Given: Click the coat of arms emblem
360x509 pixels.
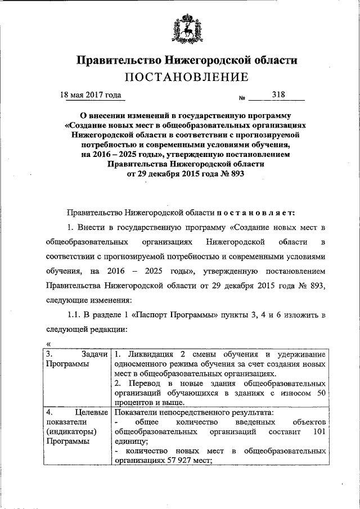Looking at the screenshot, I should (x=186, y=31).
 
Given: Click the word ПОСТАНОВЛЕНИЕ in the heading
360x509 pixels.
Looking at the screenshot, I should (x=186, y=76).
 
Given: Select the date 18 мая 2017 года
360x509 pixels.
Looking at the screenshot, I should (x=91, y=95).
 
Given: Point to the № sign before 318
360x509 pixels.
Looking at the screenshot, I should (x=242, y=98).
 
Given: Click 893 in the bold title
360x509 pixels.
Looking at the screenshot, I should (x=236, y=174).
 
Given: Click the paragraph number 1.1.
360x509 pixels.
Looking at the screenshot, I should (x=76, y=314).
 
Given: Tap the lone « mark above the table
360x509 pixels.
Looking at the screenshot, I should (x=48, y=344).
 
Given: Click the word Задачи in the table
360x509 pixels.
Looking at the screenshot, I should (x=94, y=354).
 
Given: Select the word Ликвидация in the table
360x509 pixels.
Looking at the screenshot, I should (x=150, y=354).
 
